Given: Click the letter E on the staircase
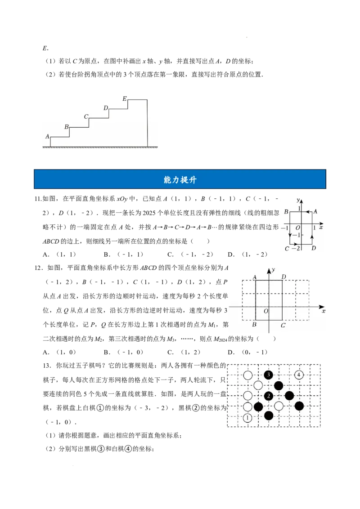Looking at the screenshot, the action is (x=125, y=98).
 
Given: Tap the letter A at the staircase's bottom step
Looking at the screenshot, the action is (x=47, y=136).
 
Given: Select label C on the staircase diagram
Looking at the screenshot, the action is (x=86, y=117).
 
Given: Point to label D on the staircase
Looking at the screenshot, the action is (x=106, y=108).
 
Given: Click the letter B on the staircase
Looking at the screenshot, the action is (x=67, y=127).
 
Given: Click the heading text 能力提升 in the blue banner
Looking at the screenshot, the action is (x=180, y=180).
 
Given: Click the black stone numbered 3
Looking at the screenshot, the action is (x=269, y=375).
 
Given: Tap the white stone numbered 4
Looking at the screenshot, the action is (x=299, y=375).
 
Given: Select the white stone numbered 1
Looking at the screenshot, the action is (x=247, y=418).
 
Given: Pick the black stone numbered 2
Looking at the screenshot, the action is (x=269, y=396).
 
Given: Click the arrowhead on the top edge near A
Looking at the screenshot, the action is (x=306, y=211).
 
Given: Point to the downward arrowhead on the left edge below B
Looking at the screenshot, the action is (x=290, y=235).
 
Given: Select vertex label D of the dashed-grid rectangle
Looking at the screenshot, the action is (x=283, y=277).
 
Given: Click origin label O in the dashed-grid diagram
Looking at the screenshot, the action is (x=265, y=311).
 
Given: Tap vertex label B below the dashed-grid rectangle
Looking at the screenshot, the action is (x=254, y=325).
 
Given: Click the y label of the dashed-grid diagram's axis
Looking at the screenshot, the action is (x=273, y=270).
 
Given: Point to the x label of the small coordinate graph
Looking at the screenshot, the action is (x=321, y=228).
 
